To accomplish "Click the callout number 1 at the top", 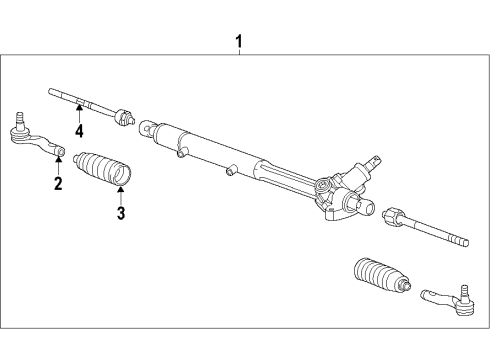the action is [x=238, y=42].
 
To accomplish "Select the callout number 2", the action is [x=58, y=183].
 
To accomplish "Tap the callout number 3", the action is [x=121, y=213].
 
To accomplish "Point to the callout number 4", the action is [x=79, y=131].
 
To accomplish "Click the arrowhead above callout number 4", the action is [x=79, y=107].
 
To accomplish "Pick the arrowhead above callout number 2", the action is [x=59, y=159].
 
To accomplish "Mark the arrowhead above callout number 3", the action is [x=121, y=189].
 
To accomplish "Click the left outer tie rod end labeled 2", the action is [x=37, y=138].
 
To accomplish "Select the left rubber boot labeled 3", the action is [x=102, y=168].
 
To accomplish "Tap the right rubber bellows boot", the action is [x=382, y=275].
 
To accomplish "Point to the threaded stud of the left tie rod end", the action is [x=20, y=119].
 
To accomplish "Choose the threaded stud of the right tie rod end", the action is [x=464, y=291].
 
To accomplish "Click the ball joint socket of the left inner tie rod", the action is [x=124, y=117].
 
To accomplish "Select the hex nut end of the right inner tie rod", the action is [x=392, y=215].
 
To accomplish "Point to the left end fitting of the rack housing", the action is [x=147, y=128].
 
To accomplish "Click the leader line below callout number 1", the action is [x=239, y=52].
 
